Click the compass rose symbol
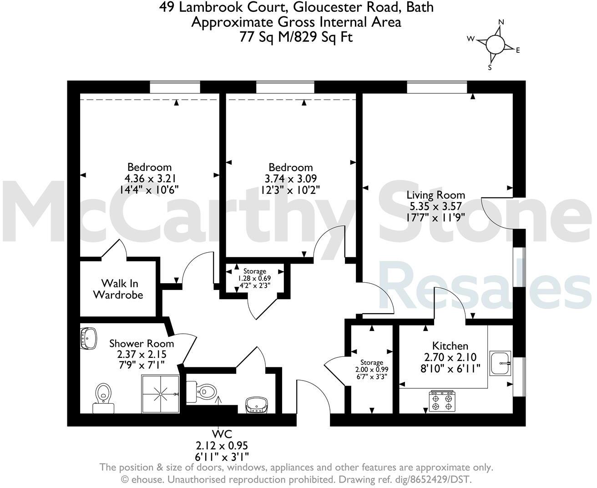coord(495,45)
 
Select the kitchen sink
coord(500,363)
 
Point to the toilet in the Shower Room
coord(104,395)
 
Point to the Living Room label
coord(435,195)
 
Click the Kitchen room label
coord(450,346)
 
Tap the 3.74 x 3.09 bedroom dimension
coord(290,178)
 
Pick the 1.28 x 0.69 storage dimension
coord(254,278)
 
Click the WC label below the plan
coord(222,433)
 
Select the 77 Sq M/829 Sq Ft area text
coord(296,37)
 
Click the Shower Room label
coord(141,343)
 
